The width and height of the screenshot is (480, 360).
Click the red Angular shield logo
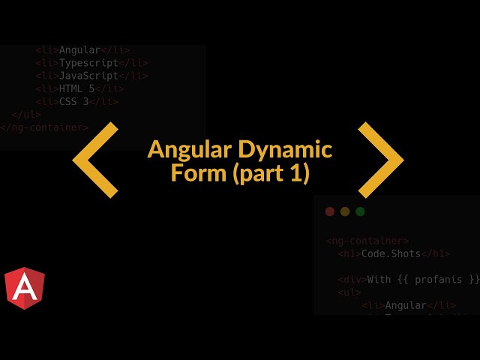tap(24, 288)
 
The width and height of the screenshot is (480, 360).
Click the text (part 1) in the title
tap(271, 174)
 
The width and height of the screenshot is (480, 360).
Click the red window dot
tap(330, 211)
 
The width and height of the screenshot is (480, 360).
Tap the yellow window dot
tap(345, 211)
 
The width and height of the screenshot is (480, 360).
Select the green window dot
tap(360, 211)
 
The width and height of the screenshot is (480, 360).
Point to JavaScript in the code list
tap(88, 76)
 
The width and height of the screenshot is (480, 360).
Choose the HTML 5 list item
tap(76, 88)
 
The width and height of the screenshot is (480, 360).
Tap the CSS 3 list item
tap(73, 101)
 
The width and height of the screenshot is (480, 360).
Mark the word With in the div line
tap(379, 280)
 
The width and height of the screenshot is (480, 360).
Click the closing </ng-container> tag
tap(43, 127)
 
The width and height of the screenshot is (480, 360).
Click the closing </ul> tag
tap(26, 115)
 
